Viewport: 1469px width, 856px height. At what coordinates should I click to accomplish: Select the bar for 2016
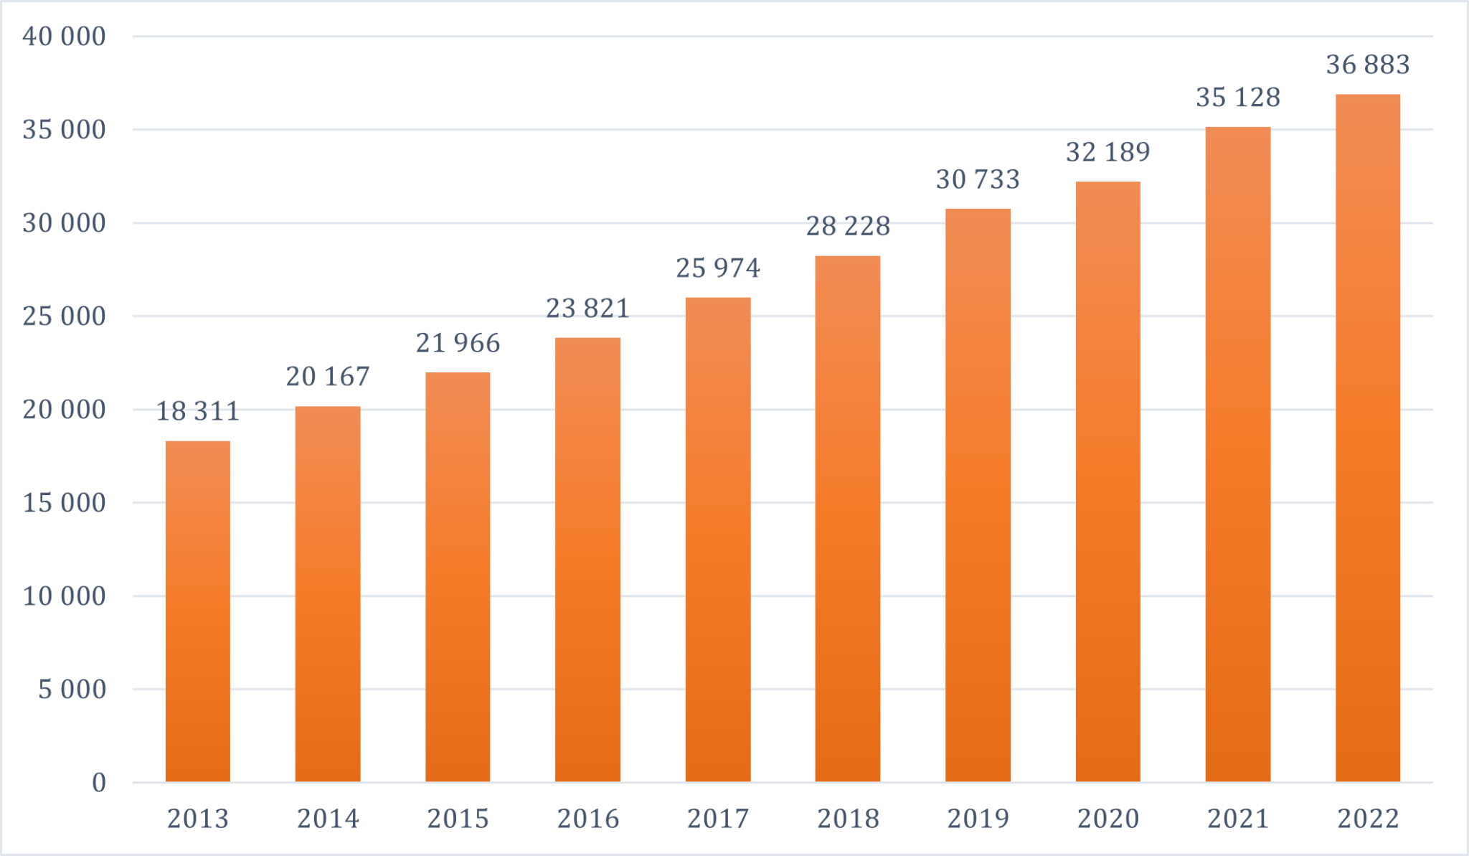coord(587,560)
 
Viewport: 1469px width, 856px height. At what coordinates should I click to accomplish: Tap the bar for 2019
coord(978,495)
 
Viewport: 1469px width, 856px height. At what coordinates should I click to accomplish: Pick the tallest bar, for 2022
coord(1367,438)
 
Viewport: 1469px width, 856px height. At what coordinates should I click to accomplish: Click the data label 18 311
coord(197,411)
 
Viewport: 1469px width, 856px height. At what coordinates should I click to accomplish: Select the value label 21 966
coord(458,343)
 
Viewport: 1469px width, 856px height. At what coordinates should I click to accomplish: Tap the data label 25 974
coord(717,268)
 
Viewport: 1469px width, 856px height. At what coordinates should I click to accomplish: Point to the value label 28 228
coord(847,226)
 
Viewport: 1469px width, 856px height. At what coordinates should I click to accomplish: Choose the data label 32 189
coord(1107,152)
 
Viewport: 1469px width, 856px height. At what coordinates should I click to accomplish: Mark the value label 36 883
coord(1367,65)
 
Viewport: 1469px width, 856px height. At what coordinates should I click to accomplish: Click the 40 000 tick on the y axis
coord(64,36)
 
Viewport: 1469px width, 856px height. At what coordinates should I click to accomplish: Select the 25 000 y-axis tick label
coord(64,316)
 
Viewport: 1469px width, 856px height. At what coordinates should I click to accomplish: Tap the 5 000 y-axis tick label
coord(72,689)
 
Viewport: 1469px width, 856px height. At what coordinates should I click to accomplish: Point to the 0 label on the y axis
coord(98,782)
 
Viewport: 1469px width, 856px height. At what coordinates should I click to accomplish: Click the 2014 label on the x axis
coord(328,819)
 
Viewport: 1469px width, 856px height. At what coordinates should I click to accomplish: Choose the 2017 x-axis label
coord(717,819)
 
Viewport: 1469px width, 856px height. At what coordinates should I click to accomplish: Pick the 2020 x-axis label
coord(1107,819)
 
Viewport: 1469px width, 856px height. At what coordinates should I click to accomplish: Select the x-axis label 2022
coord(1367,819)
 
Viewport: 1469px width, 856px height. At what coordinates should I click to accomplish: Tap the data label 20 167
coord(328,377)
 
